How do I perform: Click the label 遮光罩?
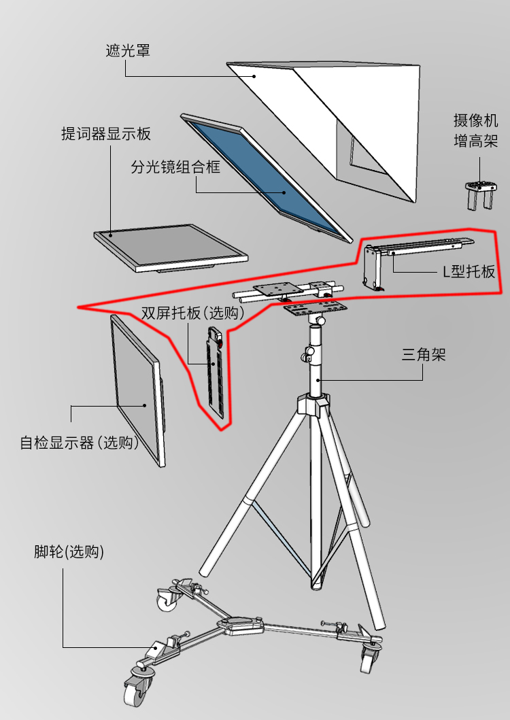click(x=128, y=51)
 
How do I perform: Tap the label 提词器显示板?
click(x=106, y=133)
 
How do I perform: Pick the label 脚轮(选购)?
click(x=69, y=552)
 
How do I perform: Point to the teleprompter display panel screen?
click(x=170, y=245)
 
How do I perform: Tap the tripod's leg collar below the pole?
click(x=314, y=405)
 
